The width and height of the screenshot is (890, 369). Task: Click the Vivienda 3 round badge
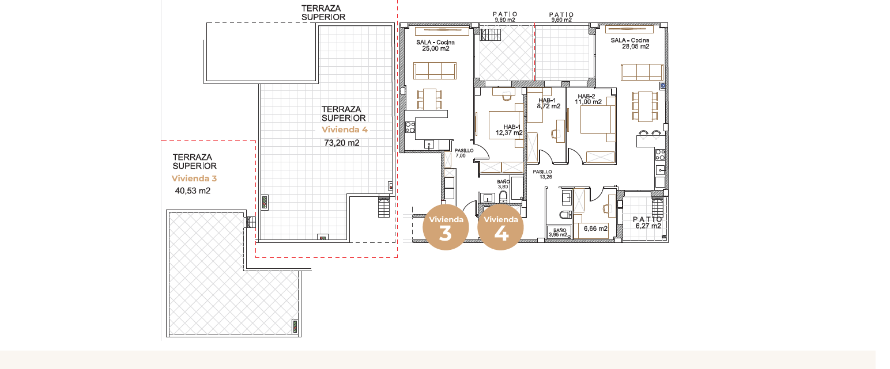click(x=446, y=227)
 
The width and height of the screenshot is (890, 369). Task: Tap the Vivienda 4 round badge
click(x=500, y=227)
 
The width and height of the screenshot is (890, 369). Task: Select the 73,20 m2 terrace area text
click(x=342, y=143)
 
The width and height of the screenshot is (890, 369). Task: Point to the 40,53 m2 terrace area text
click(x=193, y=191)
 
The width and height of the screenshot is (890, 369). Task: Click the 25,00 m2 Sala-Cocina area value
click(x=435, y=49)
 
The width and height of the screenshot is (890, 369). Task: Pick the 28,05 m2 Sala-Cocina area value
click(x=636, y=47)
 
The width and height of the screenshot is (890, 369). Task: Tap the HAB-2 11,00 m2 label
click(x=587, y=99)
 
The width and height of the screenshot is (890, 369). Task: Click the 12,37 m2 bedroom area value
click(x=509, y=133)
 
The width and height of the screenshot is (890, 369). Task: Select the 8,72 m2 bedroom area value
click(x=549, y=106)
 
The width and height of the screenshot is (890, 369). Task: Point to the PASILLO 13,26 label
click(x=543, y=174)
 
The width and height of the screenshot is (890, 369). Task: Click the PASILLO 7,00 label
click(x=463, y=153)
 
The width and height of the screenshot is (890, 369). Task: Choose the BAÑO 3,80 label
click(x=503, y=184)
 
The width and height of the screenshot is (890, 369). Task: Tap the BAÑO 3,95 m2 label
click(x=559, y=233)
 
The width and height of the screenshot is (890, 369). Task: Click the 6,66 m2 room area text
click(x=595, y=229)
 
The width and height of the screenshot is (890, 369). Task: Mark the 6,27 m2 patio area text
click(x=648, y=226)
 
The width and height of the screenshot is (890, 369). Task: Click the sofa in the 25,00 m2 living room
click(x=435, y=71)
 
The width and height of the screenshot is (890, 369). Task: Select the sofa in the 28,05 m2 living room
click(x=642, y=72)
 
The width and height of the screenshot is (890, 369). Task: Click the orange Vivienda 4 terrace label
click(x=345, y=130)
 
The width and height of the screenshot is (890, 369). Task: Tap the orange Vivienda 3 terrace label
click(x=194, y=178)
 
